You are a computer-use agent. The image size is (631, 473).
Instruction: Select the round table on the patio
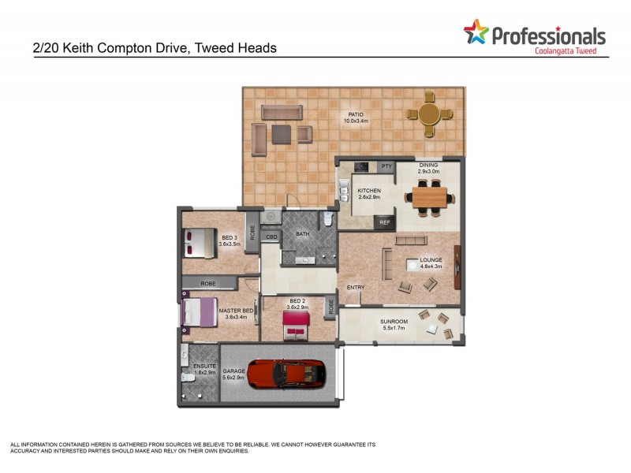[x=430, y=114]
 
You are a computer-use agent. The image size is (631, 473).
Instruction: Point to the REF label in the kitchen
[x=385, y=223]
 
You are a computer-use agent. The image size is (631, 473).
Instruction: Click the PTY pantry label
[x=386, y=166]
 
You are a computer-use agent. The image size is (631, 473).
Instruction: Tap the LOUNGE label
[x=431, y=259]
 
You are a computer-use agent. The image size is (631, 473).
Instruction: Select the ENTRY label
[x=356, y=287]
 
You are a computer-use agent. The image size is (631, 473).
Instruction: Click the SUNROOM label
[x=394, y=322]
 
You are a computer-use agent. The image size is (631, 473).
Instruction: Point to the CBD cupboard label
[x=271, y=236]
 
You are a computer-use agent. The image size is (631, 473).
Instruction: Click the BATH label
[x=303, y=234]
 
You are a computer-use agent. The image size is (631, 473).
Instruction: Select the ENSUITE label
[x=204, y=367]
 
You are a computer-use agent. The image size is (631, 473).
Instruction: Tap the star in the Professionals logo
[x=476, y=32]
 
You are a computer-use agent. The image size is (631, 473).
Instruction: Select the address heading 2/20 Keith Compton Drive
[x=155, y=48]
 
